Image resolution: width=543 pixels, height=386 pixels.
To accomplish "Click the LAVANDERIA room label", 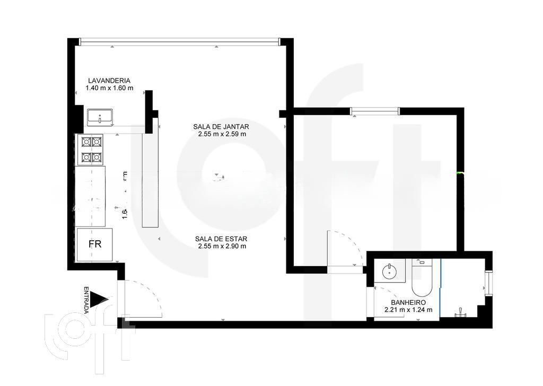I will click(109, 81).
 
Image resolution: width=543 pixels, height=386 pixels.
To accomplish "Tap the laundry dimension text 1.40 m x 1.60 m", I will click(109, 88).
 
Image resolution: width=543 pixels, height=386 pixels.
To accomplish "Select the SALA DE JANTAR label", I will click(221, 127).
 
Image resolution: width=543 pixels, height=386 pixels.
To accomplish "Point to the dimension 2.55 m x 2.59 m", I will click(221, 134).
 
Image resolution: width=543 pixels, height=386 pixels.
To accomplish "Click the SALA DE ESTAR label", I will click(221, 239).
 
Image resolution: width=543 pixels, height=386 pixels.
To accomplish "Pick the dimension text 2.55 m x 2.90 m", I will click(221, 246).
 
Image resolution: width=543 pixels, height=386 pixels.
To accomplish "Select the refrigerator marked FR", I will click(95, 244).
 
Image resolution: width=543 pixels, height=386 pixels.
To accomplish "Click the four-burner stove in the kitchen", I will click(91, 150).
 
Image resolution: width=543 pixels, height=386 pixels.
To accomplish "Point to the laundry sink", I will click(100, 117).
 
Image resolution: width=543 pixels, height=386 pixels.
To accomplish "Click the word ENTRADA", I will click(86, 300).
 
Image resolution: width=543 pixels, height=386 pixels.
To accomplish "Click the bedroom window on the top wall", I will click(374, 111).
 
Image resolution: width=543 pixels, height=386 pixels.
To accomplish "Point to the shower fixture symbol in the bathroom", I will click(460, 313).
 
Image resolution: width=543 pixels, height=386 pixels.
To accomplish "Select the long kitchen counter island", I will click(151, 180).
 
